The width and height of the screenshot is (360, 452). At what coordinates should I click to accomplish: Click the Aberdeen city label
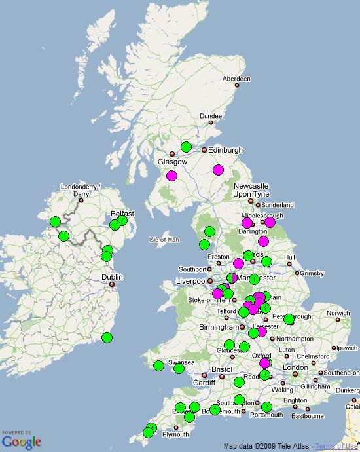pyautogui.click(x=236, y=79)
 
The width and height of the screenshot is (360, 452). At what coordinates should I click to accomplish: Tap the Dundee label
pyautogui.click(x=211, y=116)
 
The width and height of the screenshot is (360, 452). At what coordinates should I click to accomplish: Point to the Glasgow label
pyautogui.click(x=172, y=162)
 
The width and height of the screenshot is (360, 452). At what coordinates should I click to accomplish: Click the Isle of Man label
pyautogui.click(x=164, y=240)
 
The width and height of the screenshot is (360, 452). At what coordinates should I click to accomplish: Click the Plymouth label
pyautogui.click(x=175, y=434)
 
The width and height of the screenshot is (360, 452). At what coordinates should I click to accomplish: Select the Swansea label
pyautogui.click(x=181, y=362)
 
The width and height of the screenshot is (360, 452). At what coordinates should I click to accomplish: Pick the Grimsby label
pyautogui.click(x=311, y=273)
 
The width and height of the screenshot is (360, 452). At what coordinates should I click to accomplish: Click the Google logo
pyautogui.click(x=21, y=442)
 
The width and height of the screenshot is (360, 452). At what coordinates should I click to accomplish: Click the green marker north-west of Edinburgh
pyautogui.click(x=187, y=147)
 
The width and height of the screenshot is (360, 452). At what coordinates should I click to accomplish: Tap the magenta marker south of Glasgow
pyautogui.click(x=171, y=176)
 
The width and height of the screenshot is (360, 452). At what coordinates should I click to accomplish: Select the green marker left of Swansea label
pyautogui.click(x=158, y=366)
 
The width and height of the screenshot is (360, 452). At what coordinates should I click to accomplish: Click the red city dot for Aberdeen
pyautogui.click(x=238, y=85)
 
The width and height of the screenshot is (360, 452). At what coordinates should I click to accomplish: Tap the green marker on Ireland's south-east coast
pyautogui.click(x=107, y=338)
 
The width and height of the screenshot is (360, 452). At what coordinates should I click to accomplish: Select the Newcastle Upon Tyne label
pyautogui.click(x=251, y=191)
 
